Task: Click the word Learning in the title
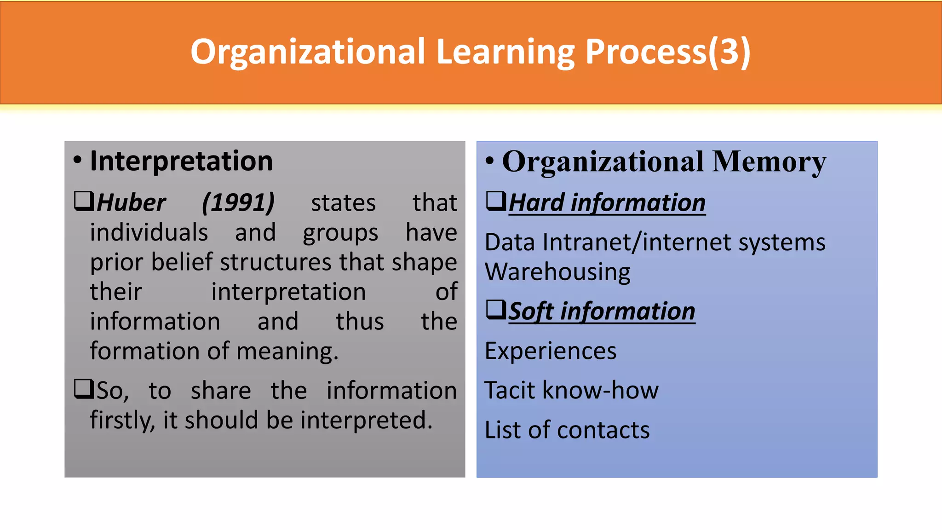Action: pos(505,52)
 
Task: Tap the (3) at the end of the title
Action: pos(729,52)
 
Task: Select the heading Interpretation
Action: pos(181,161)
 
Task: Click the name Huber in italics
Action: pos(131,203)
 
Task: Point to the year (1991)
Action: pos(238,203)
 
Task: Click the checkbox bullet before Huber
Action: pos(84,201)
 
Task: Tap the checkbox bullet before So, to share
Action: pos(84,389)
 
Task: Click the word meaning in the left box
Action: pos(287,351)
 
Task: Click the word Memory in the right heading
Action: pos(769,162)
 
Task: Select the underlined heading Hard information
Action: pos(607,203)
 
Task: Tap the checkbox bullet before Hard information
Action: pos(496,201)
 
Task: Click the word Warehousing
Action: pos(557,272)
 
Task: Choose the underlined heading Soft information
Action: pos(602,311)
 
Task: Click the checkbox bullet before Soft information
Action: pos(496,310)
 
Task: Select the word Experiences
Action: pos(550,351)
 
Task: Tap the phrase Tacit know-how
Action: pos(571,391)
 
